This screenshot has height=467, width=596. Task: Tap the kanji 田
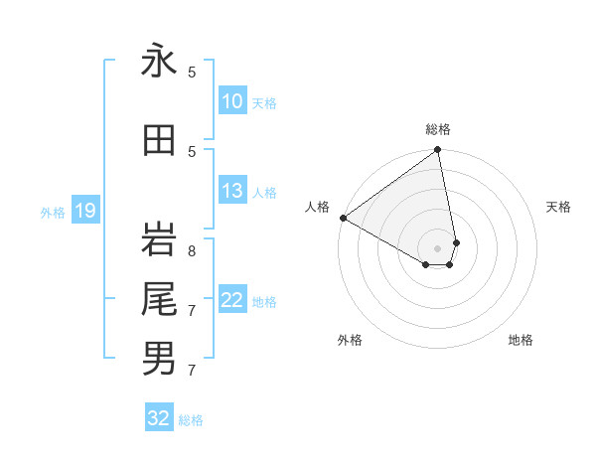(159, 141)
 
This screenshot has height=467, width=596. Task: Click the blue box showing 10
(231, 101)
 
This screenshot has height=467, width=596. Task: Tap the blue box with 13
(231, 191)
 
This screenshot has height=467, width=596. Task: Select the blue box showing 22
(231, 300)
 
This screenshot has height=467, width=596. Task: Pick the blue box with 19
(84, 211)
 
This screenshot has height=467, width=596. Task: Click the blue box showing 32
(159, 418)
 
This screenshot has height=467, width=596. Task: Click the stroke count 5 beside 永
(192, 72)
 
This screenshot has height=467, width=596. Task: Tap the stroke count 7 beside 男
(192, 371)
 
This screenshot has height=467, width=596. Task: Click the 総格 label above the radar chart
(438, 129)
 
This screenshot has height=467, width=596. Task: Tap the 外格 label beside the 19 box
(53, 212)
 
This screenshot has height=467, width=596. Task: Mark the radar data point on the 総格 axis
(438, 151)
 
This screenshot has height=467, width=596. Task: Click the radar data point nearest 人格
(343, 217)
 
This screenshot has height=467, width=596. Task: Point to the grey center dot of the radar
(438, 247)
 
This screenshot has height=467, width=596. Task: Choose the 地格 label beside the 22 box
(264, 301)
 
